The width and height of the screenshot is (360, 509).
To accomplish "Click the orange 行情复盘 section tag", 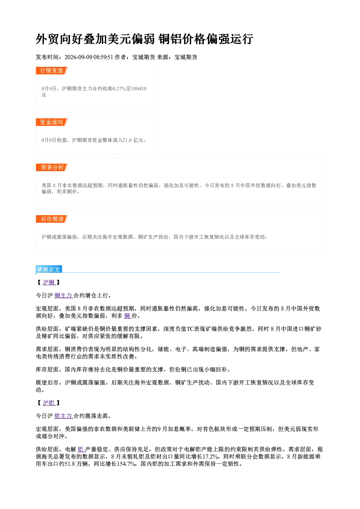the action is click(x=52, y=70).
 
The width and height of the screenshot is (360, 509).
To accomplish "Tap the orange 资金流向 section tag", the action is click(x=52, y=122).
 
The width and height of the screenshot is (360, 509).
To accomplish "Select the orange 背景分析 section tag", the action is click(x=52, y=168).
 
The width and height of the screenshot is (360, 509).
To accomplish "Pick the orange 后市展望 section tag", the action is click(x=52, y=219).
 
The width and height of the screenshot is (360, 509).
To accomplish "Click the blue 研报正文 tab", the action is click(x=49, y=270).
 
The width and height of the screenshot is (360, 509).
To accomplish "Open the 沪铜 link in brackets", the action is click(x=49, y=283).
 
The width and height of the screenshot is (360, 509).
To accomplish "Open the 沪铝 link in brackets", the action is click(x=49, y=403).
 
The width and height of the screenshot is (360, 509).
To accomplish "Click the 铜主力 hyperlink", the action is click(x=64, y=295).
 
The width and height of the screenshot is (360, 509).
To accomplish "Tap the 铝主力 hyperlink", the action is click(x=64, y=416).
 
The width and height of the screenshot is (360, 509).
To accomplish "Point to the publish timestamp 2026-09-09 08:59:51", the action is click(x=89, y=57).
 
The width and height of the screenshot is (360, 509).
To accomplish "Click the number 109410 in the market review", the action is click(x=139, y=89).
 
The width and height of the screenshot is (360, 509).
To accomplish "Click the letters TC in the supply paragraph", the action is click(x=190, y=329).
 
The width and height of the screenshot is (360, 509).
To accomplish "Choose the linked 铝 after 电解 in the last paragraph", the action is click(x=81, y=449).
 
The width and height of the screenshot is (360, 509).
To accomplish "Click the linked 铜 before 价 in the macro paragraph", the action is click(x=127, y=316).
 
